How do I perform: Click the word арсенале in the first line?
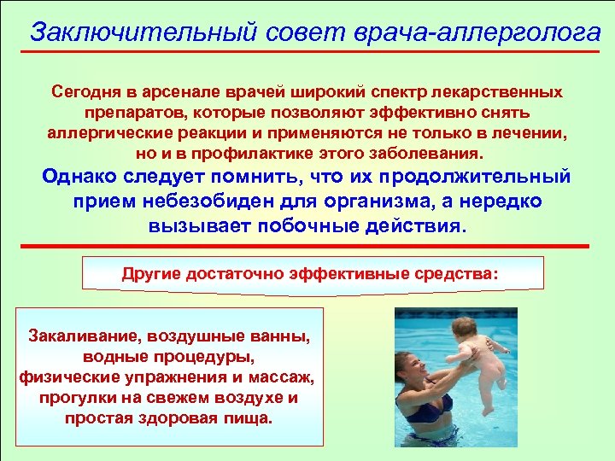(169, 90)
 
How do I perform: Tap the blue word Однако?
(86, 178)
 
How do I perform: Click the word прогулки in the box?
(77, 398)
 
